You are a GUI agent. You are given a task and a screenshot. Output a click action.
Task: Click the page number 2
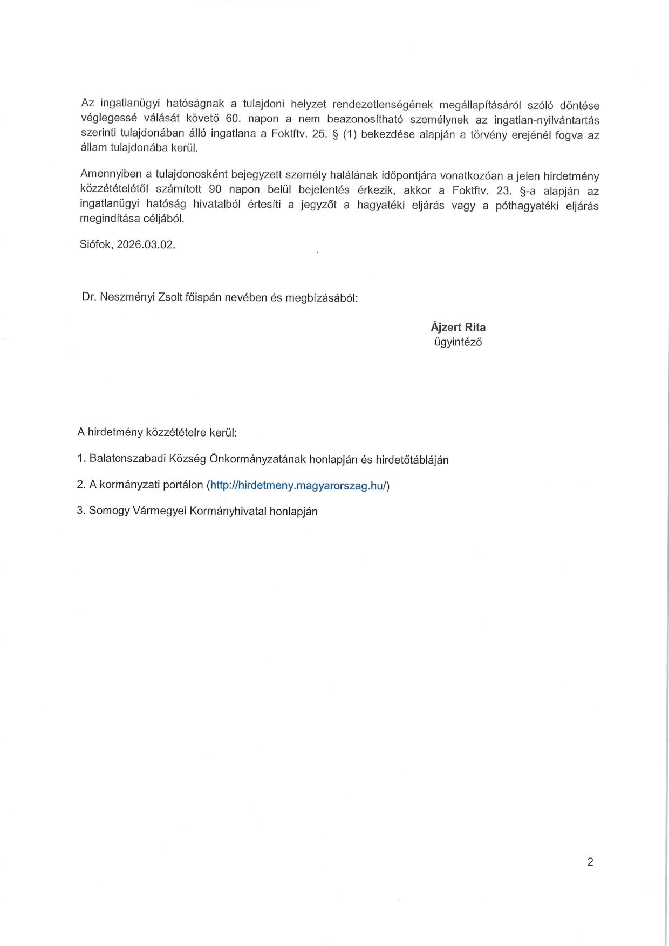point(590,862)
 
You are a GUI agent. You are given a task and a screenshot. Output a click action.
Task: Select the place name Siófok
point(95,244)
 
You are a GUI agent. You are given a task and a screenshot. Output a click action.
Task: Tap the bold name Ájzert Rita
point(458,327)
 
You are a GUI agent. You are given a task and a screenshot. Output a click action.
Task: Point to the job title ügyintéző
point(458,342)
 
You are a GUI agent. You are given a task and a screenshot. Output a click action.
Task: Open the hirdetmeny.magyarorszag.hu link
point(298,485)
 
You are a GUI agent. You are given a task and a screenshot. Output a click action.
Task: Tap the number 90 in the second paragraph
point(215,190)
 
